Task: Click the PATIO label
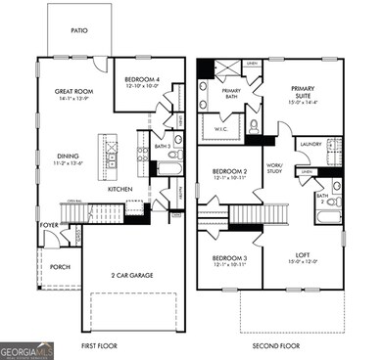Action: [79, 30]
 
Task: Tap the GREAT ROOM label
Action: [73, 91]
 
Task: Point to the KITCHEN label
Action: [120, 189]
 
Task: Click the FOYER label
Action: [49, 223]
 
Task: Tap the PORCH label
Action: [61, 265]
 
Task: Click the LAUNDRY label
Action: [310, 144]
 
